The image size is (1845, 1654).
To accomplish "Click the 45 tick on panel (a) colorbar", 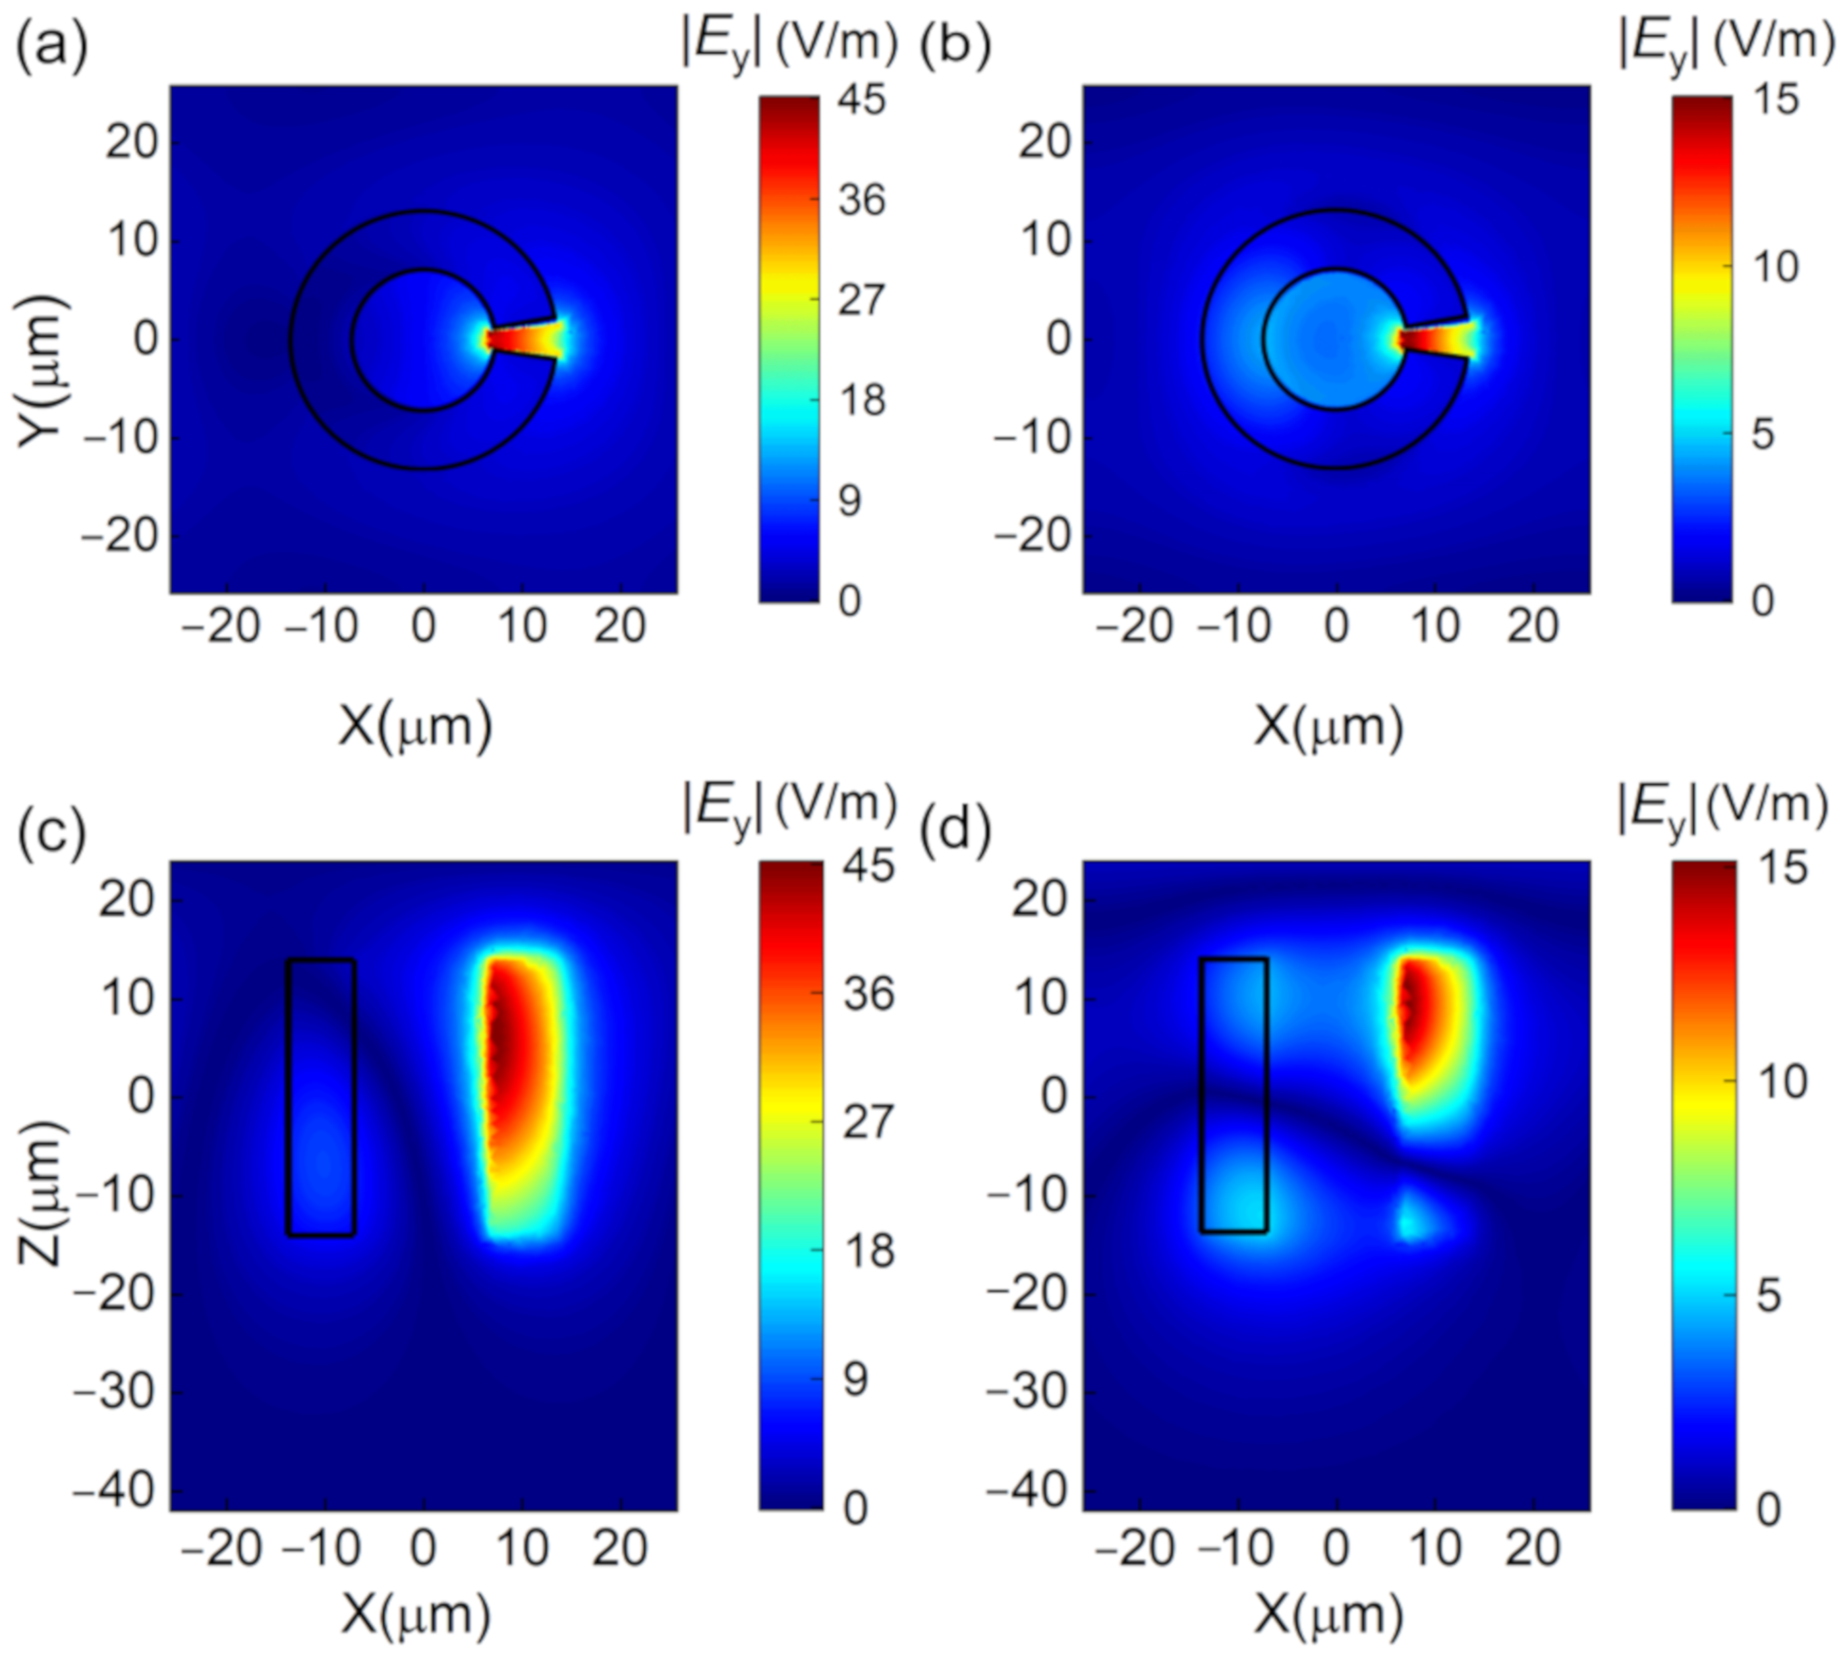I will (x=862, y=98).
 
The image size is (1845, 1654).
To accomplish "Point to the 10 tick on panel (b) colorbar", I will (x=1774, y=267).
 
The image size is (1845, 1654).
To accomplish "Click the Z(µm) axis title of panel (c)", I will (x=41, y=1192).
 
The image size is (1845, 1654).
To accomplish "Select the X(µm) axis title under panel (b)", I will (x=1329, y=727).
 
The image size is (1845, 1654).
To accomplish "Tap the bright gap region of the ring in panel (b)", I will (x=1436, y=341).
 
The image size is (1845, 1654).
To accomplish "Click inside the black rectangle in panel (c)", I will (x=321, y=1095).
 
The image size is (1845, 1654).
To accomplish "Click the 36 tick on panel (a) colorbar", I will (x=862, y=198).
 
